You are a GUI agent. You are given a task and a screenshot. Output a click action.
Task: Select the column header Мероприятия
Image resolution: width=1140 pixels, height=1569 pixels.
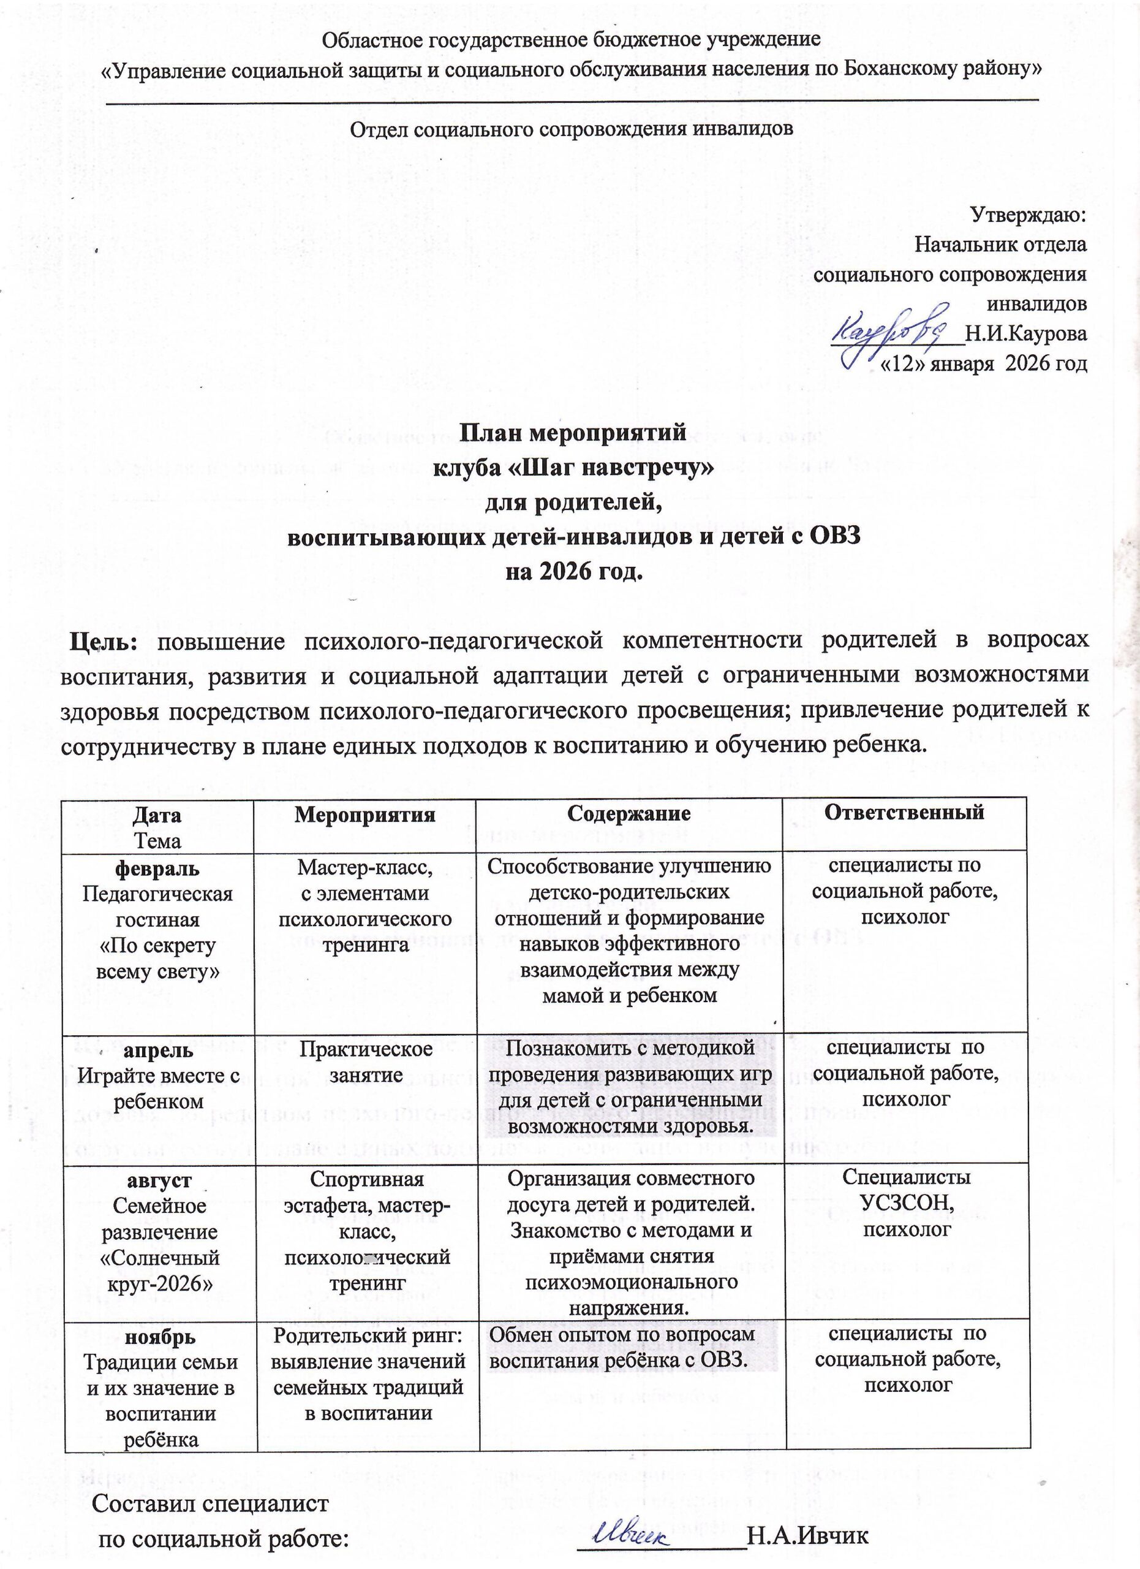(364, 815)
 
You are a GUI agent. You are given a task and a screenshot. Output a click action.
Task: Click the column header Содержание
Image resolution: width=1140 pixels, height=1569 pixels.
(629, 813)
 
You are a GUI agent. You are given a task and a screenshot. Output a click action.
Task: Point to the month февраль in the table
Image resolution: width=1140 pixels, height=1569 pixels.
(157, 867)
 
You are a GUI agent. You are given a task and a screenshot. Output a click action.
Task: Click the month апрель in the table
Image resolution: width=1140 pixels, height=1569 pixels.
(158, 1049)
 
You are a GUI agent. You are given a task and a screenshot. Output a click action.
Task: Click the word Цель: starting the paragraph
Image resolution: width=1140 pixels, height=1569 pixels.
(104, 640)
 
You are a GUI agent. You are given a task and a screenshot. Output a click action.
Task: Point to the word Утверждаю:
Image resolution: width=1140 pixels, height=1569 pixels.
(1029, 215)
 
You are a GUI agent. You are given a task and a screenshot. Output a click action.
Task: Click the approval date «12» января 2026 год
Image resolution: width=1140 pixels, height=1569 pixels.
(982, 363)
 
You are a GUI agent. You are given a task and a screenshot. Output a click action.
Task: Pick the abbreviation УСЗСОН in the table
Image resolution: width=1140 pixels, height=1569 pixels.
(907, 1203)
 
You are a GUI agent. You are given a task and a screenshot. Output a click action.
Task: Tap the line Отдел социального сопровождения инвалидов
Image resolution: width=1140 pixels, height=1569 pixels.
(571, 129)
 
